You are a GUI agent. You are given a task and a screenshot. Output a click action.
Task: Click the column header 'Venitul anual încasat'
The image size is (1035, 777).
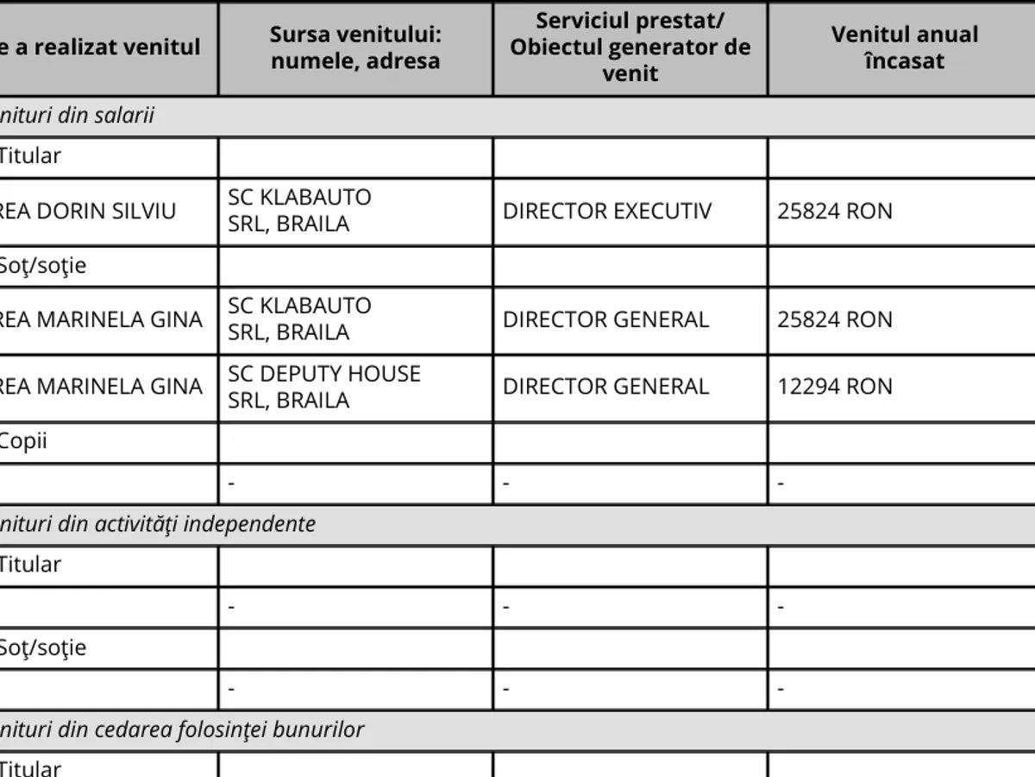tap(904, 47)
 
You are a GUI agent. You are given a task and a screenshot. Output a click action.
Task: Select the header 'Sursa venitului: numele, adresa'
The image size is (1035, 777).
tap(354, 47)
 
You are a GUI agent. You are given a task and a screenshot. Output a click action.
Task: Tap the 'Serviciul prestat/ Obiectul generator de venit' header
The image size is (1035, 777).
tap(630, 47)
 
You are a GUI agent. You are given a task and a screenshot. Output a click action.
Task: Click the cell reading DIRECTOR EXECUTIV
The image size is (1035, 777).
tap(607, 212)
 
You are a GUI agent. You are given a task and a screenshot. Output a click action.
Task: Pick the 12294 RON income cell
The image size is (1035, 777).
tap(835, 387)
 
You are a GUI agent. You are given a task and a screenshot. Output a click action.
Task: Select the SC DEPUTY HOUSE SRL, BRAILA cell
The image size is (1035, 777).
tap(324, 387)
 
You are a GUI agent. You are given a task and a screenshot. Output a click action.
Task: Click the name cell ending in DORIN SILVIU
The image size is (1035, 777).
tap(101, 212)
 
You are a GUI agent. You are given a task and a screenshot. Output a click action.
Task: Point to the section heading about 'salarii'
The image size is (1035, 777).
tap(78, 116)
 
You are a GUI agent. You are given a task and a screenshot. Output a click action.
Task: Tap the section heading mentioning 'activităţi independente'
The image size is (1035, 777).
tap(158, 524)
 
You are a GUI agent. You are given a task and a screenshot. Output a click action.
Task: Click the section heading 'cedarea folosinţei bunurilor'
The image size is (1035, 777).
tap(182, 730)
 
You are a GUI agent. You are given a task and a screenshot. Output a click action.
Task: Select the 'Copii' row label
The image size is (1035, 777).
tap(23, 442)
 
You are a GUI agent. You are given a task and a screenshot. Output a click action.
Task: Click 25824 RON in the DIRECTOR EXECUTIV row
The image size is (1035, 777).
tap(835, 212)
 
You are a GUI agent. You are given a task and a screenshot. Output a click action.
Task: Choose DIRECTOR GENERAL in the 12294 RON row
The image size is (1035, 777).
tap(605, 387)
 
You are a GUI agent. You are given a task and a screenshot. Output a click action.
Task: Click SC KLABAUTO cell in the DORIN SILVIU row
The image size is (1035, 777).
tap(299, 211)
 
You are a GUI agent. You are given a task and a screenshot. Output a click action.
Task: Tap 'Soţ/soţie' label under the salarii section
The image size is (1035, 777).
tap(42, 266)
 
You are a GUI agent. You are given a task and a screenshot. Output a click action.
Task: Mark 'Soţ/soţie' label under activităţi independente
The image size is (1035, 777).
tap(42, 647)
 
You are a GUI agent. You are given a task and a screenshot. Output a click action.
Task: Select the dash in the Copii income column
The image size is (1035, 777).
tap(781, 484)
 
